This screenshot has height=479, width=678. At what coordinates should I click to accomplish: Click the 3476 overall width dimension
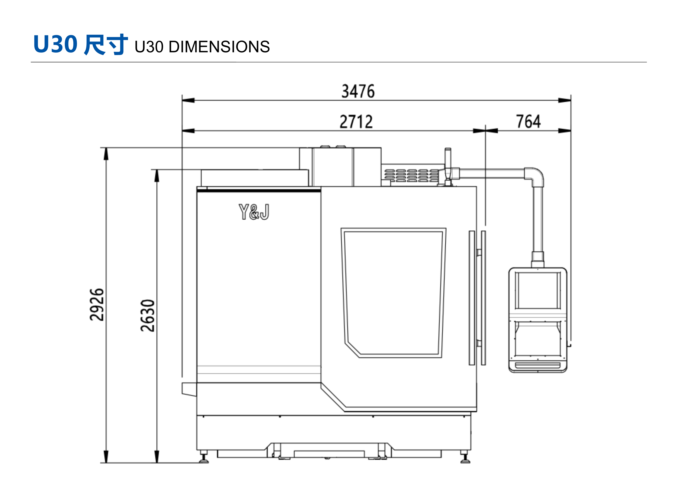tap(358, 91)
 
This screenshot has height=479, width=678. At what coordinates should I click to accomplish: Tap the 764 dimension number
tap(528, 121)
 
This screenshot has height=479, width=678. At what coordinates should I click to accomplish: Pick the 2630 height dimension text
tap(147, 316)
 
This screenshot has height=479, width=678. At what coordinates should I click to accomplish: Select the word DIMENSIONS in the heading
tap(219, 47)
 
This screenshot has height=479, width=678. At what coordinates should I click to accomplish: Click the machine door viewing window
tap(393, 293)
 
